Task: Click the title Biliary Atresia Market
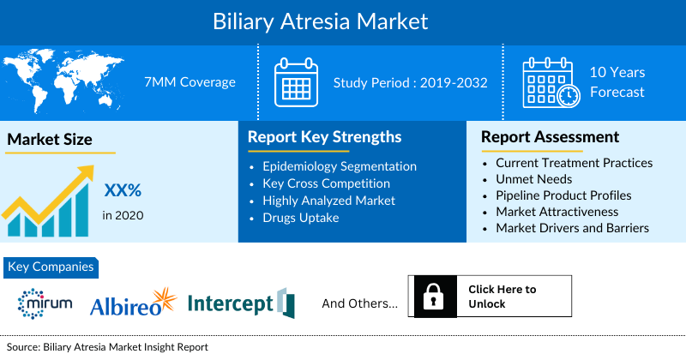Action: [343, 19]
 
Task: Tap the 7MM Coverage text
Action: [190, 82]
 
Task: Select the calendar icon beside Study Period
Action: [296, 81]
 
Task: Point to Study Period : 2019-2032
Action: [410, 82]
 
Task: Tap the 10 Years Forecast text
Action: [617, 82]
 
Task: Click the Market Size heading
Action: [50, 139]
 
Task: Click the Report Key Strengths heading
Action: [324, 137]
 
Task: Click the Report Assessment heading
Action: [550, 137]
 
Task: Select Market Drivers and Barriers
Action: [572, 227]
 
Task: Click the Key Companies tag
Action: [51, 267]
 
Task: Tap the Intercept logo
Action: [240, 303]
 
